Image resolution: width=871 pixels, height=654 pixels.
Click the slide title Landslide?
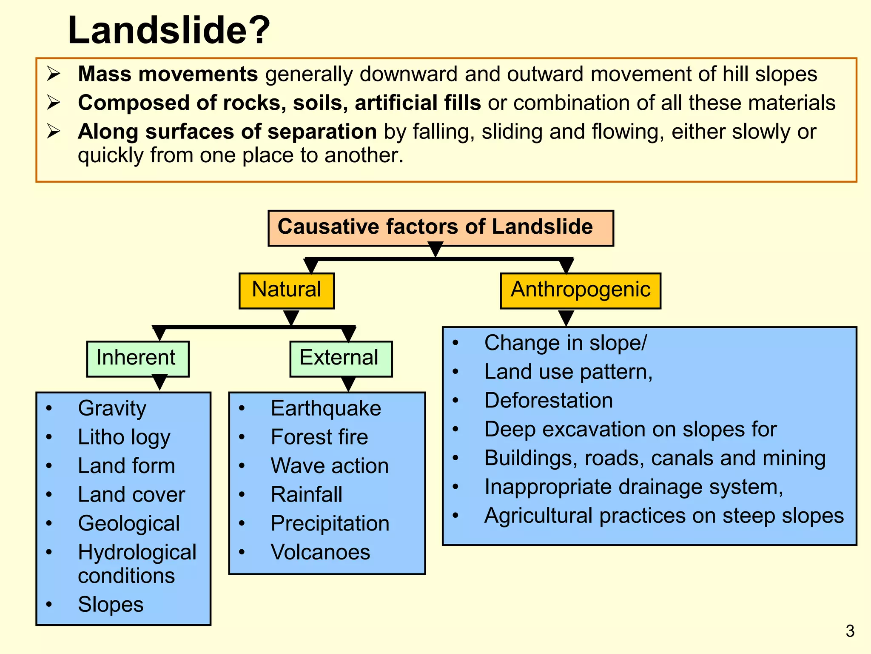click(x=169, y=30)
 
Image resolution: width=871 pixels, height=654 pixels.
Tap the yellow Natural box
click(x=287, y=290)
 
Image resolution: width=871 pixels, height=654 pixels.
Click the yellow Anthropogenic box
click(x=580, y=290)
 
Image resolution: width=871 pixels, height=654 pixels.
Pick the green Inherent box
click(x=137, y=358)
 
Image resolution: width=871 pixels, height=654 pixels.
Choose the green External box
click(x=340, y=358)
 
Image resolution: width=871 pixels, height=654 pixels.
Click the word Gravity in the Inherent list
click(x=112, y=408)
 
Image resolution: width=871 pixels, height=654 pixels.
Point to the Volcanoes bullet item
click(x=320, y=552)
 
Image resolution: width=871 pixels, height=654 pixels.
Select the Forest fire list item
click(x=319, y=437)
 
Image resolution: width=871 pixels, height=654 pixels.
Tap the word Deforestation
click(x=548, y=401)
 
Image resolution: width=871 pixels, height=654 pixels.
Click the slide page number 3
click(x=850, y=631)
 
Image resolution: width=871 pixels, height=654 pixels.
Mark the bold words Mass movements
click(x=168, y=74)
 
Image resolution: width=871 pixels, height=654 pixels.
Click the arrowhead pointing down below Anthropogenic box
click(x=566, y=317)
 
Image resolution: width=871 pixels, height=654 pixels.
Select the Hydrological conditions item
click(x=137, y=564)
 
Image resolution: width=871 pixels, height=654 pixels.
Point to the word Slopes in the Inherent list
click(x=111, y=605)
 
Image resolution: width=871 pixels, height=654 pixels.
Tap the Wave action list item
click(x=330, y=466)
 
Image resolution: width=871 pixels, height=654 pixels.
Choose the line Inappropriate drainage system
click(x=633, y=487)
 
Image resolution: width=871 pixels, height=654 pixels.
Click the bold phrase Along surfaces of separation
click(x=227, y=132)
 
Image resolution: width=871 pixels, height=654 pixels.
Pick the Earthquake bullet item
click(x=326, y=408)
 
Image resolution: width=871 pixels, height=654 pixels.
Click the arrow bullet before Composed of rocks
click(x=54, y=103)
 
